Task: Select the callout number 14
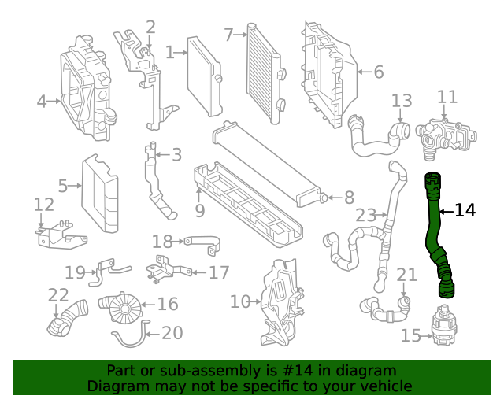point(465,210)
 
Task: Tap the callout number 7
point(228,35)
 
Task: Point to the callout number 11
point(447,97)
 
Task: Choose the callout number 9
point(200,211)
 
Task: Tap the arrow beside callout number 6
point(362,72)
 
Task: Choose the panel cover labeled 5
point(101,194)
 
